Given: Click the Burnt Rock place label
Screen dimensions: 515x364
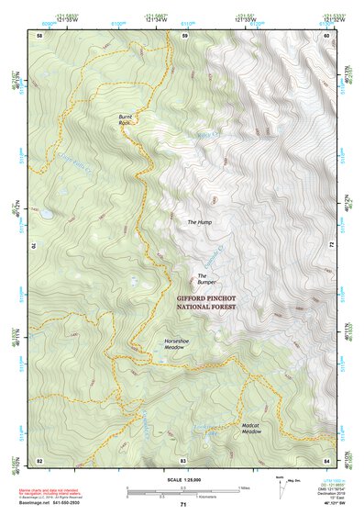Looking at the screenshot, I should pos(127,119).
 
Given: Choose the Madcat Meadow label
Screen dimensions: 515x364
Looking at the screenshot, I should pos(251,429).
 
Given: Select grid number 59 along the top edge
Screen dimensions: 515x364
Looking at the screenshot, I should pos(183,35).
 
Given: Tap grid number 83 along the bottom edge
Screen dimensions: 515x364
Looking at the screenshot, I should pos(183,459).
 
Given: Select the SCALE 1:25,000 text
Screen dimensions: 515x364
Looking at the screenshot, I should pos(182,477).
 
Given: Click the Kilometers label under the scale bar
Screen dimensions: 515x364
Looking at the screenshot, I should pos(182,496).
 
